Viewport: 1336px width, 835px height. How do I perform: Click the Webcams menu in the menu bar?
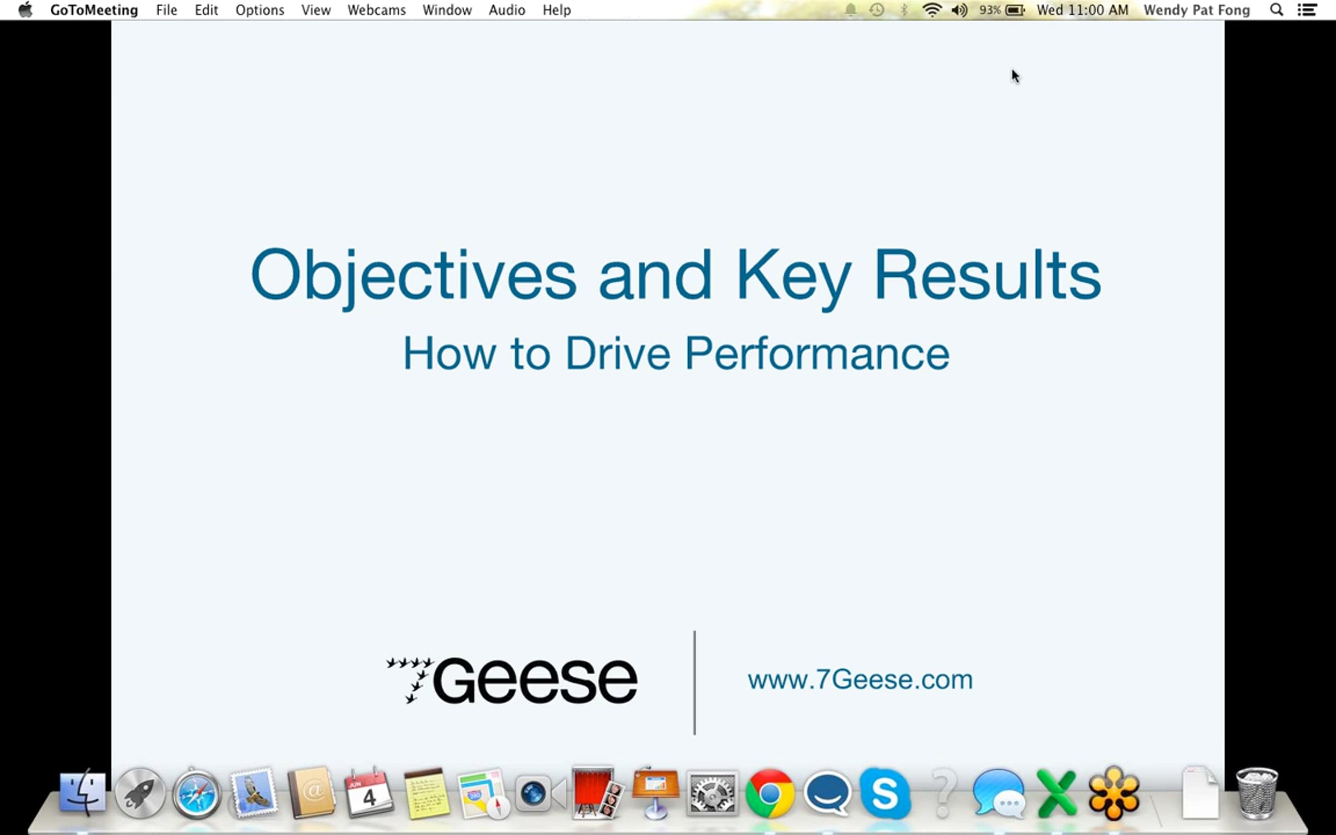coord(376,10)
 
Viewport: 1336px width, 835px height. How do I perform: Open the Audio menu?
coord(507,10)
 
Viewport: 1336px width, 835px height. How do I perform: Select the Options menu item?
coord(259,11)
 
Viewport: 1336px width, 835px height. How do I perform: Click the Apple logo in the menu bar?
coord(26,9)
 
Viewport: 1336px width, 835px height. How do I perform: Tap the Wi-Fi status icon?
coord(932,10)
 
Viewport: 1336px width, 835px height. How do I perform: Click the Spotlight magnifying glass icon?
coord(1276,10)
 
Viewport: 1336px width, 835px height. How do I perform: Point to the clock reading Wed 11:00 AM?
coord(1082,10)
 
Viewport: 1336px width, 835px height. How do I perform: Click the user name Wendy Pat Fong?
coord(1197,10)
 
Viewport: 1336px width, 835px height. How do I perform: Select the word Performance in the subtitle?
coord(817,353)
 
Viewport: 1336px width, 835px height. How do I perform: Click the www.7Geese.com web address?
coord(860,680)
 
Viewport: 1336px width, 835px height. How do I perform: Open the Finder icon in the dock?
coord(82,794)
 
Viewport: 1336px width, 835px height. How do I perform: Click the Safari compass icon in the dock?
coord(197,794)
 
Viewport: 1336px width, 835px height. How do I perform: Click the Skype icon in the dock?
coord(885,794)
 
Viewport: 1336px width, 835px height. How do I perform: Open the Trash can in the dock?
coord(1257,794)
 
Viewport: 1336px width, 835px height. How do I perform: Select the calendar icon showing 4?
coord(368,793)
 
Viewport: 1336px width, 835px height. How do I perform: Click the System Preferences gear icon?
coord(713,794)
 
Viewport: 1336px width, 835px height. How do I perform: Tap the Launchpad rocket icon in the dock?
coord(140,794)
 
